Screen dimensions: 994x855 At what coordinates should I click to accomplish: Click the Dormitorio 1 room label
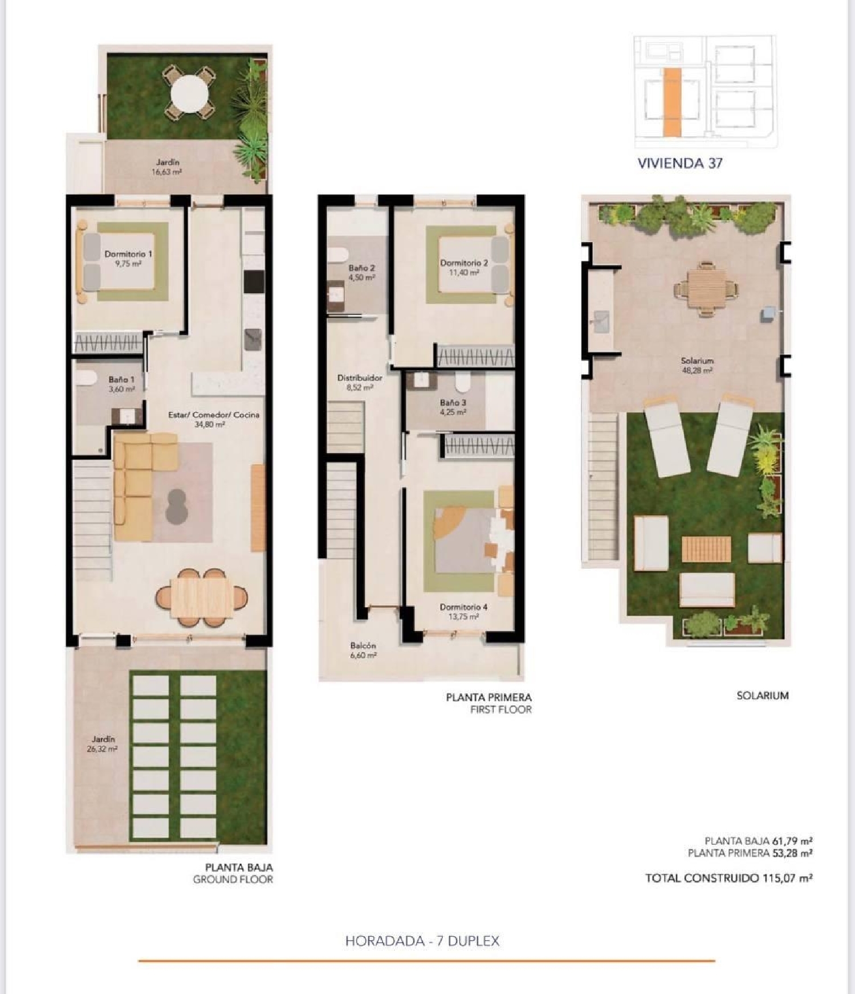(x=128, y=254)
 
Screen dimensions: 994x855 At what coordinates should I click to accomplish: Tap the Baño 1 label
(x=121, y=379)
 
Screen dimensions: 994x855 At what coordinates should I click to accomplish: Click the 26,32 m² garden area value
(x=103, y=749)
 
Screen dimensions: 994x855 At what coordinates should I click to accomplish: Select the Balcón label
(x=363, y=645)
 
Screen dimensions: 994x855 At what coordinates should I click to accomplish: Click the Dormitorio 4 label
(x=463, y=607)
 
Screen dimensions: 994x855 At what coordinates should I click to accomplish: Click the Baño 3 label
(x=453, y=403)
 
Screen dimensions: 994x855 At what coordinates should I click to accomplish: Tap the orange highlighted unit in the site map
(x=672, y=102)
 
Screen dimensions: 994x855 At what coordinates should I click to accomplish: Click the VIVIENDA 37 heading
(x=680, y=163)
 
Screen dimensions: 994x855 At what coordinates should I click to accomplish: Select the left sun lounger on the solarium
(x=666, y=437)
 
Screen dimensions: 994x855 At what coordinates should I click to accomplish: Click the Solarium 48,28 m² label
(x=697, y=365)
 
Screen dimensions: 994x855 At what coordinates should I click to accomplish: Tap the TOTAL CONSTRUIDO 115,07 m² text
(x=728, y=878)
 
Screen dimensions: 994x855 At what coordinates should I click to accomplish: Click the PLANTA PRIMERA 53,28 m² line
(x=750, y=853)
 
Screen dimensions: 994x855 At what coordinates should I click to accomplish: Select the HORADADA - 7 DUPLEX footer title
(x=422, y=941)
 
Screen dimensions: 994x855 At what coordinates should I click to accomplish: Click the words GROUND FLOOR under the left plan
(x=233, y=879)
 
